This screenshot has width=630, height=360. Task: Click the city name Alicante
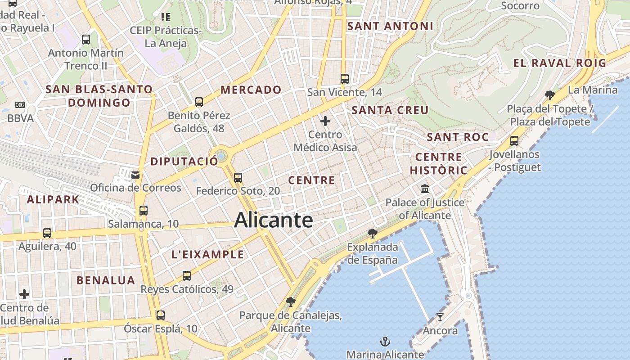(x=273, y=220)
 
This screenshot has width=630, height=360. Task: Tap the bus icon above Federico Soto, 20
(x=238, y=178)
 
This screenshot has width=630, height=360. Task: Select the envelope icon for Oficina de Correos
(x=135, y=175)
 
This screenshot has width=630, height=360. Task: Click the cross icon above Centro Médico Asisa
(x=325, y=121)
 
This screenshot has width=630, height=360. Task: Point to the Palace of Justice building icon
(x=425, y=189)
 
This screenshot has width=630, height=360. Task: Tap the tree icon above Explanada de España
(x=372, y=233)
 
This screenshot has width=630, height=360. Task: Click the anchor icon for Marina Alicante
(x=385, y=342)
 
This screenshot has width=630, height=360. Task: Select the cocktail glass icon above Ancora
(x=440, y=317)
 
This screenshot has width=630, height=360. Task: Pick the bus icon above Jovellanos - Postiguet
(x=514, y=141)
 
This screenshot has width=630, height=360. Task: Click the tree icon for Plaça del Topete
(x=549, y=95)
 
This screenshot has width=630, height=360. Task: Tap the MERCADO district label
(x=251, y=90)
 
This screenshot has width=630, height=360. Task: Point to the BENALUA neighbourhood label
(x=106, y=280)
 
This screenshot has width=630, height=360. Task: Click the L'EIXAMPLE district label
(x=207, y=254)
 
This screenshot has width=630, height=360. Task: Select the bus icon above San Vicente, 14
(x=345, y=79)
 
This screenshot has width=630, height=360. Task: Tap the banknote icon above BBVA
(x=20, y=105)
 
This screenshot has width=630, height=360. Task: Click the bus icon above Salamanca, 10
(x=144, y=210)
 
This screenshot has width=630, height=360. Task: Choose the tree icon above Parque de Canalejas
(x=291, y=302)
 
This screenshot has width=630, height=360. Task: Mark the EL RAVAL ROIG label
(x=560, y=63)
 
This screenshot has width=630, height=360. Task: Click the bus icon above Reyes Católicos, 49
(x=187, y=276)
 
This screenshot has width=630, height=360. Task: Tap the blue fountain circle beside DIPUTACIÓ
(x=220, y=156)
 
